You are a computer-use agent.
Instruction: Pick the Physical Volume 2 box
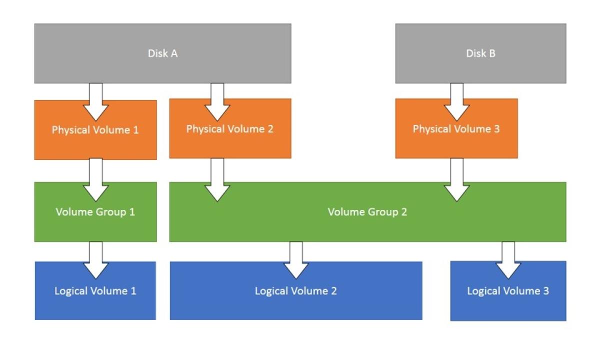point(230,142)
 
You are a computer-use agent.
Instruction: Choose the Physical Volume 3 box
point(456,142)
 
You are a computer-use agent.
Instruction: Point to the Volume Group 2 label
point(367,212)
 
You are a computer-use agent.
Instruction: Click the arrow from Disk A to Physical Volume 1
point(95,100)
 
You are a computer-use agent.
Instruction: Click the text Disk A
point(162,53)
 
